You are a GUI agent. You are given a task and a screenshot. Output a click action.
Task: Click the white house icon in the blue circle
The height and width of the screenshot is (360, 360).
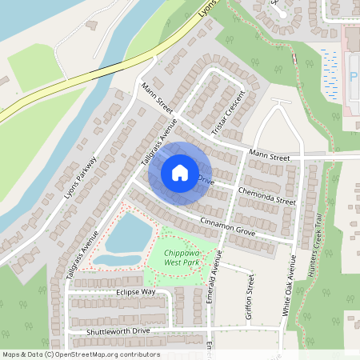coord(180,172)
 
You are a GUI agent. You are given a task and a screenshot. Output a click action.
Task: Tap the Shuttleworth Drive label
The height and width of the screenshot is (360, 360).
coord(118,330)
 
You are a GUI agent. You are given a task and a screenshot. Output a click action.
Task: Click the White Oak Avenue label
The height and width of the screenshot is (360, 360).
coord(293,284)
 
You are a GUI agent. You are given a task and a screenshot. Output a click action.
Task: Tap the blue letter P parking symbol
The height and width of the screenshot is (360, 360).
coord(353,78)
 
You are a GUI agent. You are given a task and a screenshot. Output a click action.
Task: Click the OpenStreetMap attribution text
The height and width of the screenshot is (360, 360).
coord(80,354)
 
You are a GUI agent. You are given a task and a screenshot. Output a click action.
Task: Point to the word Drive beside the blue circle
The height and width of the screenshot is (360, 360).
coord(206,178)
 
